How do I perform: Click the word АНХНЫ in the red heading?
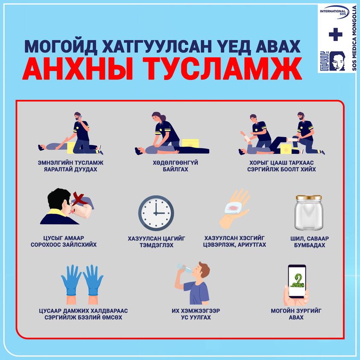(x=78, y=69)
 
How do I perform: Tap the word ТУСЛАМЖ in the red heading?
(x=222, y=69)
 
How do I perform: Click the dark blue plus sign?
(x=335, y=35)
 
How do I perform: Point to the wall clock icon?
(x=156, y=213)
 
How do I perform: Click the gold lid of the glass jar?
(x=309, y=197)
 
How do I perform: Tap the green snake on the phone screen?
(x=297, y=281)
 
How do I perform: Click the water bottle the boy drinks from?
(x=185, y=268)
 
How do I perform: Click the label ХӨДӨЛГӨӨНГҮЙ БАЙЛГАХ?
(x=176, y=166)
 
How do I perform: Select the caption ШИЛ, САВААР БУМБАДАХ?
(x=309, y=242)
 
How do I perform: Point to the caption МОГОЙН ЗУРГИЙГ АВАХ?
(x=296, y=314)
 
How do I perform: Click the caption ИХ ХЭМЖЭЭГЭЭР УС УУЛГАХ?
(x=196, y=314)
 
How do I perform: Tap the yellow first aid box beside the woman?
(x=190, y=143)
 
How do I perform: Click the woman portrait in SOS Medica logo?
(x=337, y=61)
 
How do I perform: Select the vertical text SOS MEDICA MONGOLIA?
(x=354, y=38)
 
